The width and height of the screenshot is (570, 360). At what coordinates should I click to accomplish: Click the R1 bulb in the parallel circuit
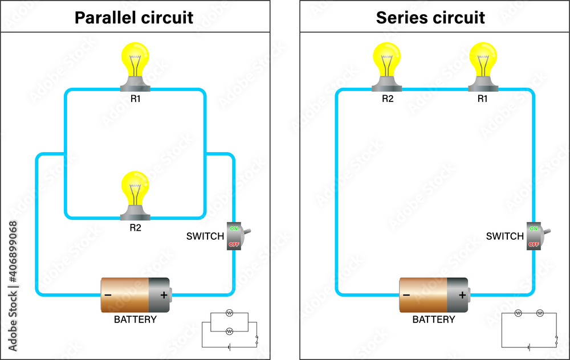135,63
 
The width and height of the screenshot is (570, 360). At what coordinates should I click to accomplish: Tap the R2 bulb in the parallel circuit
135,191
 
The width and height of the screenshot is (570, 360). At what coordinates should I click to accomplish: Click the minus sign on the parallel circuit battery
108,295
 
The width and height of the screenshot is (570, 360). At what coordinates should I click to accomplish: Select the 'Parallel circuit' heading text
135,17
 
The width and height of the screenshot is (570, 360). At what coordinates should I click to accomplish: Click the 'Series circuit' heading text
430,17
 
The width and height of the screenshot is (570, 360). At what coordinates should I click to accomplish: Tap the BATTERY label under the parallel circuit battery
135,320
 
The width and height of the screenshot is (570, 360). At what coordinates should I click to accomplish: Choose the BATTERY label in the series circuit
434,320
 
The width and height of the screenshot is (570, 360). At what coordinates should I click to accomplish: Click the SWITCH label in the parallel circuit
205,236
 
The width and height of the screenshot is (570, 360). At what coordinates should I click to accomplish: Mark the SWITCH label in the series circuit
504,236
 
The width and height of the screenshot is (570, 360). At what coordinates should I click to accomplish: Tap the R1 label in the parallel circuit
135,99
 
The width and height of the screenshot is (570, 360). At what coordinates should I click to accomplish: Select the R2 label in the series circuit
388,99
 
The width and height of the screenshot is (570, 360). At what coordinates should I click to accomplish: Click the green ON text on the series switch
534,228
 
